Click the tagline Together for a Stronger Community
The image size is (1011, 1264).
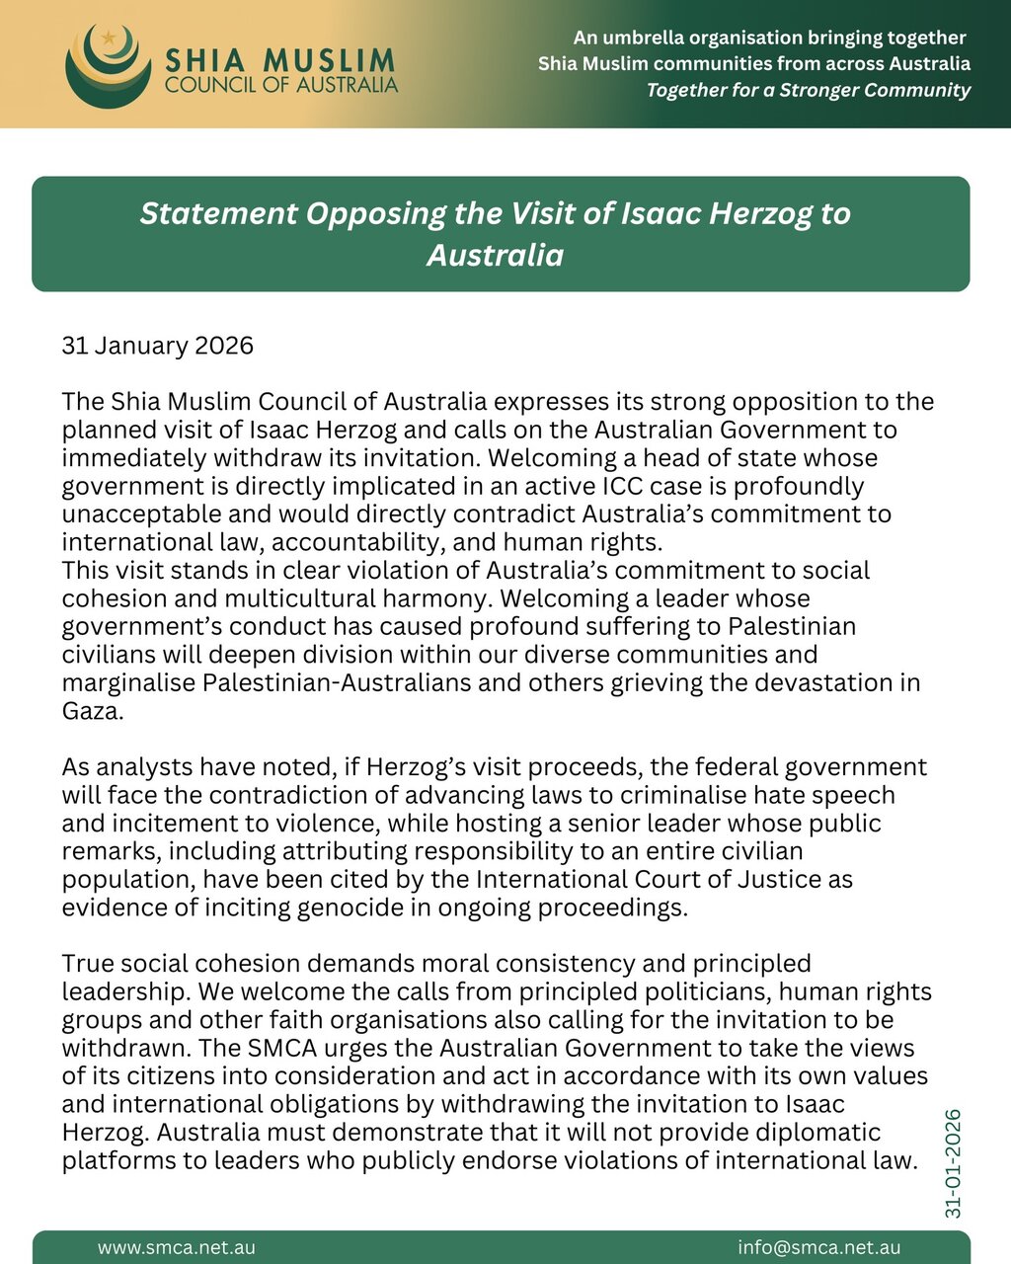click(808, 90)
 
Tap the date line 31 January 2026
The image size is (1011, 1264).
click(158, 346)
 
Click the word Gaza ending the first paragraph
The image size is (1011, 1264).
click(93, 711)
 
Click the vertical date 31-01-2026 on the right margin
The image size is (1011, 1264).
click(953, 1163)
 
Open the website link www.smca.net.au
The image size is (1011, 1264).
click(177, 1248)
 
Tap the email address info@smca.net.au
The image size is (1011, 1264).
click(818, 1248)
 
